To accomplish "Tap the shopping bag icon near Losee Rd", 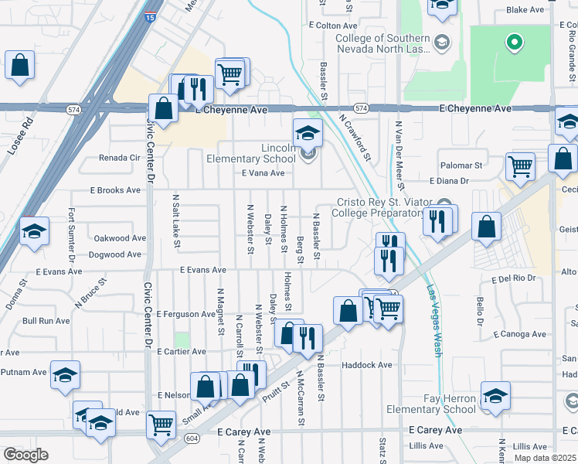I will tap(20, 67).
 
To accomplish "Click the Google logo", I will tap(25, 455).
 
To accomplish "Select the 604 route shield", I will tap(189, 437).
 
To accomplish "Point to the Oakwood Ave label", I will tap(119, 238).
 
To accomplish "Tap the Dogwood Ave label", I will tap(116, 254).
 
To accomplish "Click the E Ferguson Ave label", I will tap(185, 314).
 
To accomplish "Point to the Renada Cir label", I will tap(119, 157).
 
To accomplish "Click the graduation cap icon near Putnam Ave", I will tap(66, 375).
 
